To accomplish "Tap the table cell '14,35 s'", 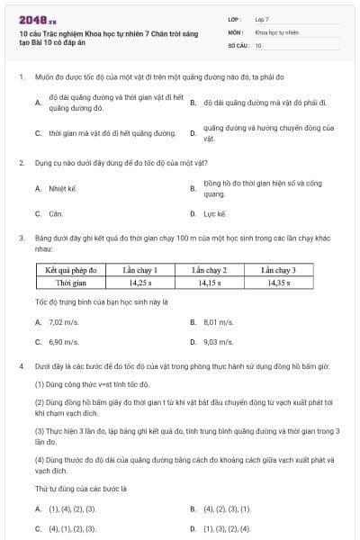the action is click(x=280, y=283).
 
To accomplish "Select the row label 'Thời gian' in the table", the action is click(x=76, y=283).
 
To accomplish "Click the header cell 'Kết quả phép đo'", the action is click(x=76, y=270).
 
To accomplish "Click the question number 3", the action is click(x=21, y=238).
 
